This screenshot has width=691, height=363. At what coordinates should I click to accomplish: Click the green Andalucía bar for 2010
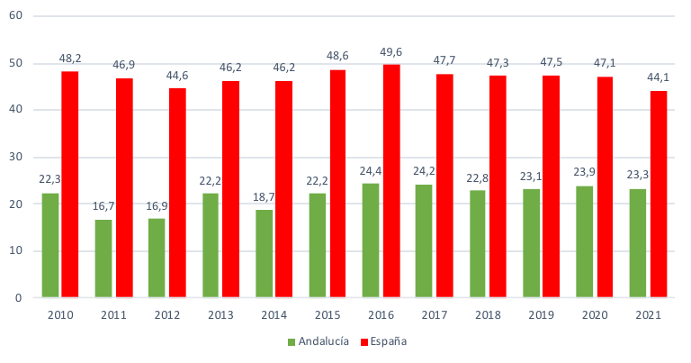49,245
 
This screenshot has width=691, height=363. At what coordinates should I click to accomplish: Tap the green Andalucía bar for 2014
264,253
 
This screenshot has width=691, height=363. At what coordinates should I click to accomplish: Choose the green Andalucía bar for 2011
103,259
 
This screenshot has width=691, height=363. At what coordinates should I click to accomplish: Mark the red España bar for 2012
177,192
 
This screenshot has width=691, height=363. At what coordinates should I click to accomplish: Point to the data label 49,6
391,51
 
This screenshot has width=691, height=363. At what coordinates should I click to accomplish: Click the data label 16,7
103,206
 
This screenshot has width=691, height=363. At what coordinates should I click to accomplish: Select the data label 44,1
659,77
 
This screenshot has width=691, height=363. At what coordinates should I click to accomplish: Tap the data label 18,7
264,196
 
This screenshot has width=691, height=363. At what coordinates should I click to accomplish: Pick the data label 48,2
70,58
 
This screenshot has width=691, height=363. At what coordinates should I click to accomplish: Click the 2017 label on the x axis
435,315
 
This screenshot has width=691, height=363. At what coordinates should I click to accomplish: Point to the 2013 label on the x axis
221,315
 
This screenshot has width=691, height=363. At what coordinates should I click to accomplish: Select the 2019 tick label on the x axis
542,315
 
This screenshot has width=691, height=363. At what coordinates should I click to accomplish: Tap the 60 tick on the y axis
16,16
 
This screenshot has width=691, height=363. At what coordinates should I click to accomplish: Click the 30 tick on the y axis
16,157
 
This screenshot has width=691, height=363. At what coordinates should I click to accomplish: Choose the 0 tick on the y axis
19,297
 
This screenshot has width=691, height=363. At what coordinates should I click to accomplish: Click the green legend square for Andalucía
292,342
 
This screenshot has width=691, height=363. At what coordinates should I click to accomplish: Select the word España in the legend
389,342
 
